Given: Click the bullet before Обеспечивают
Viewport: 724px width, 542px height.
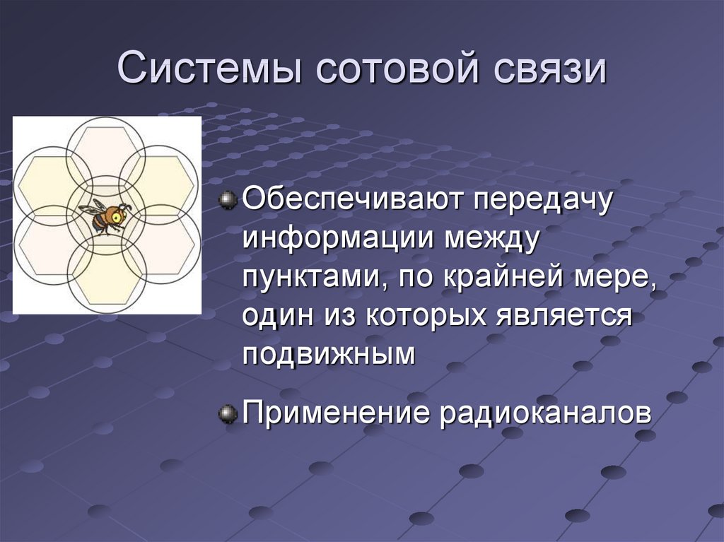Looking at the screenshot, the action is (228, 200).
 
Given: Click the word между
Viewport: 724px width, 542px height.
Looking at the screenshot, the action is (492, 240).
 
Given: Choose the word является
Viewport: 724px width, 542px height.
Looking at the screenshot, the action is (565, 317).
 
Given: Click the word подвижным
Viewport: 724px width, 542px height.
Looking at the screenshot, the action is (329, 355).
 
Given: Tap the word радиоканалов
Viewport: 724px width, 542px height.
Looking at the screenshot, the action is (545, 413).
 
